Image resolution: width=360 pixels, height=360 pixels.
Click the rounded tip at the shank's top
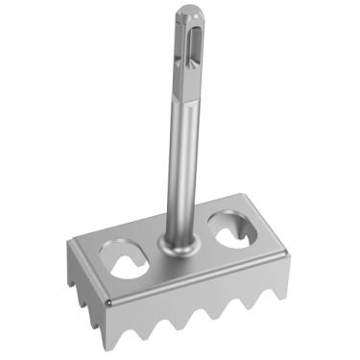click(x=187, y=12)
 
